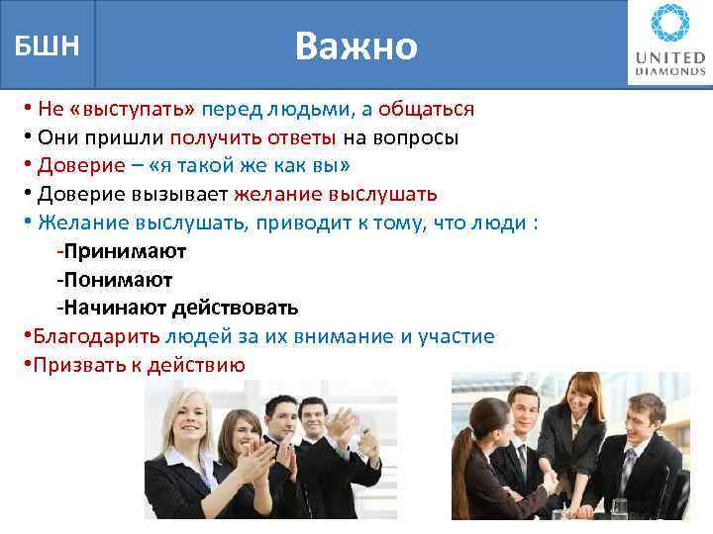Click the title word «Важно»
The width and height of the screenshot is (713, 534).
[x=356, y=46]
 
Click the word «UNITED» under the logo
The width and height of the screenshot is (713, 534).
[x=670, y=58]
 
